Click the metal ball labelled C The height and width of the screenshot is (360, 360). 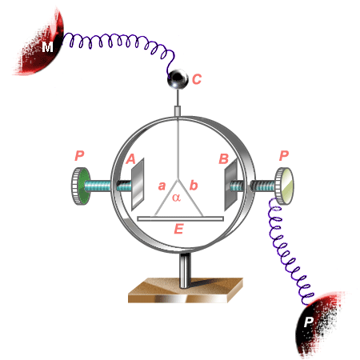178,79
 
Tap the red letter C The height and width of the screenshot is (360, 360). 197,79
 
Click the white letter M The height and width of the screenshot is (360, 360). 47,47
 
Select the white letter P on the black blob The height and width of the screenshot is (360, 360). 308,322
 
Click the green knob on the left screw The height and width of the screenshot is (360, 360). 81,186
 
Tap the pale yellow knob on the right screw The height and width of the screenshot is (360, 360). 285,186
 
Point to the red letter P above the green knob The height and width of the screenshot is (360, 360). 79,155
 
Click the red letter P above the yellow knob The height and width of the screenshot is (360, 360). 284,155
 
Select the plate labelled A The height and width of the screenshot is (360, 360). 138,185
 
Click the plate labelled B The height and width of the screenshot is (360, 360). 231,185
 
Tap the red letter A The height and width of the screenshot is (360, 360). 130,159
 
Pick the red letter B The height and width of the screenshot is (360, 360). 224,158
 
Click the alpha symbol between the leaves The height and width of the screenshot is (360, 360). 176,198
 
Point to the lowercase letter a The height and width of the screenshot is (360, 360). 162,186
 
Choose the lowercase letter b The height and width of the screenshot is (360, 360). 194,185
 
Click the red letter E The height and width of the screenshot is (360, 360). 178,229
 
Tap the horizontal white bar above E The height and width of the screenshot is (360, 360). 180,218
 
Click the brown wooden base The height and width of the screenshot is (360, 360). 186,290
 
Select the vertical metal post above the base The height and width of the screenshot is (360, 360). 185,270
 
